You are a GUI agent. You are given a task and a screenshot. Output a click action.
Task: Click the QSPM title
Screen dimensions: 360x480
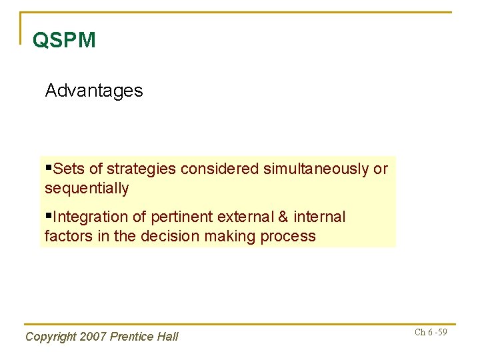coord(64,41)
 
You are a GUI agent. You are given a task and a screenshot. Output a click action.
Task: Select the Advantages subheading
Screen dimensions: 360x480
coord(94,91)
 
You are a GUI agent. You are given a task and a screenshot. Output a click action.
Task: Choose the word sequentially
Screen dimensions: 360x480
coord(87,189)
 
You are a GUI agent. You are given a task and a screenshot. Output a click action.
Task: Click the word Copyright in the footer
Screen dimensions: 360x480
coord(51,337)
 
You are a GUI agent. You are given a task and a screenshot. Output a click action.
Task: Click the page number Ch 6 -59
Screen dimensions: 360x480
coord(431,332)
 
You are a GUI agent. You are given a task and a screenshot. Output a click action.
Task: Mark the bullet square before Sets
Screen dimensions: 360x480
coord(48,168)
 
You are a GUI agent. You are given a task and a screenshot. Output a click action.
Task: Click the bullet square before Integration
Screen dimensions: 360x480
coord(48,216)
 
